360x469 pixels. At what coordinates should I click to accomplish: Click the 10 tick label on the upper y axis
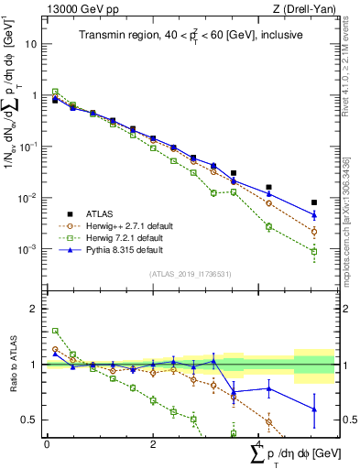[x=31, y=44]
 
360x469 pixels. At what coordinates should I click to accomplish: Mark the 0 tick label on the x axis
[x=47, y=444]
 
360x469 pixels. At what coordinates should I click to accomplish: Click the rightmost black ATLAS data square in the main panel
[x=314, y=202]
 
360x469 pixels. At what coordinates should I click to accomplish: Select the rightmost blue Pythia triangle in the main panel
[x=314, y=215]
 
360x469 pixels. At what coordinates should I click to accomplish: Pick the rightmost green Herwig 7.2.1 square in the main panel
[x=314, y=251]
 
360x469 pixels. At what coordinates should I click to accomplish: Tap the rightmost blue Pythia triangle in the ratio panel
[x=314, y=409]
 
